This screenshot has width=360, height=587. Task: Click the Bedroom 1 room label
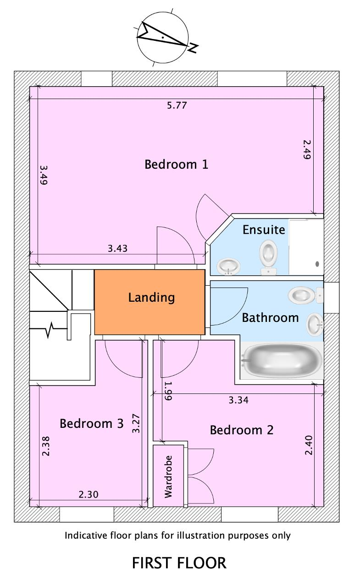pos(177,164)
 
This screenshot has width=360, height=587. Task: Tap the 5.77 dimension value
pos(177,105)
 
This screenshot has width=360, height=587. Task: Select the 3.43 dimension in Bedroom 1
pos(118,248)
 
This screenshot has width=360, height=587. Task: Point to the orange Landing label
pos(151,298)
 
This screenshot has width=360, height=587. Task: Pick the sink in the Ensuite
pos(228,266)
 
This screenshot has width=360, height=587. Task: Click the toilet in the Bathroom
pos(306,295)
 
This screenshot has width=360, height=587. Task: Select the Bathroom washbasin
pos(315,325)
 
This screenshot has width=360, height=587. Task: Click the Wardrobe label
pos(168,476)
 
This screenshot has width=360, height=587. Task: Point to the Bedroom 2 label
pos(242,430)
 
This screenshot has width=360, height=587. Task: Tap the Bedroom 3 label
pos(91,423)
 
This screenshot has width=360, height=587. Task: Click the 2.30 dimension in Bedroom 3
pos(89,494)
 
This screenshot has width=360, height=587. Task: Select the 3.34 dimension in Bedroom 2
pos(238,400)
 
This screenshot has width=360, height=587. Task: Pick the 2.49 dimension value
pos(307,150)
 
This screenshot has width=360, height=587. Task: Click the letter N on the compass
pos(194,48)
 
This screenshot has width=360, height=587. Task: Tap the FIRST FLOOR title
pos(179,563)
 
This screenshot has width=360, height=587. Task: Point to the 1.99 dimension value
pos(168,391)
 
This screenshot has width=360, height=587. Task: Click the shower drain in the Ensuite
pos(317,264)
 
